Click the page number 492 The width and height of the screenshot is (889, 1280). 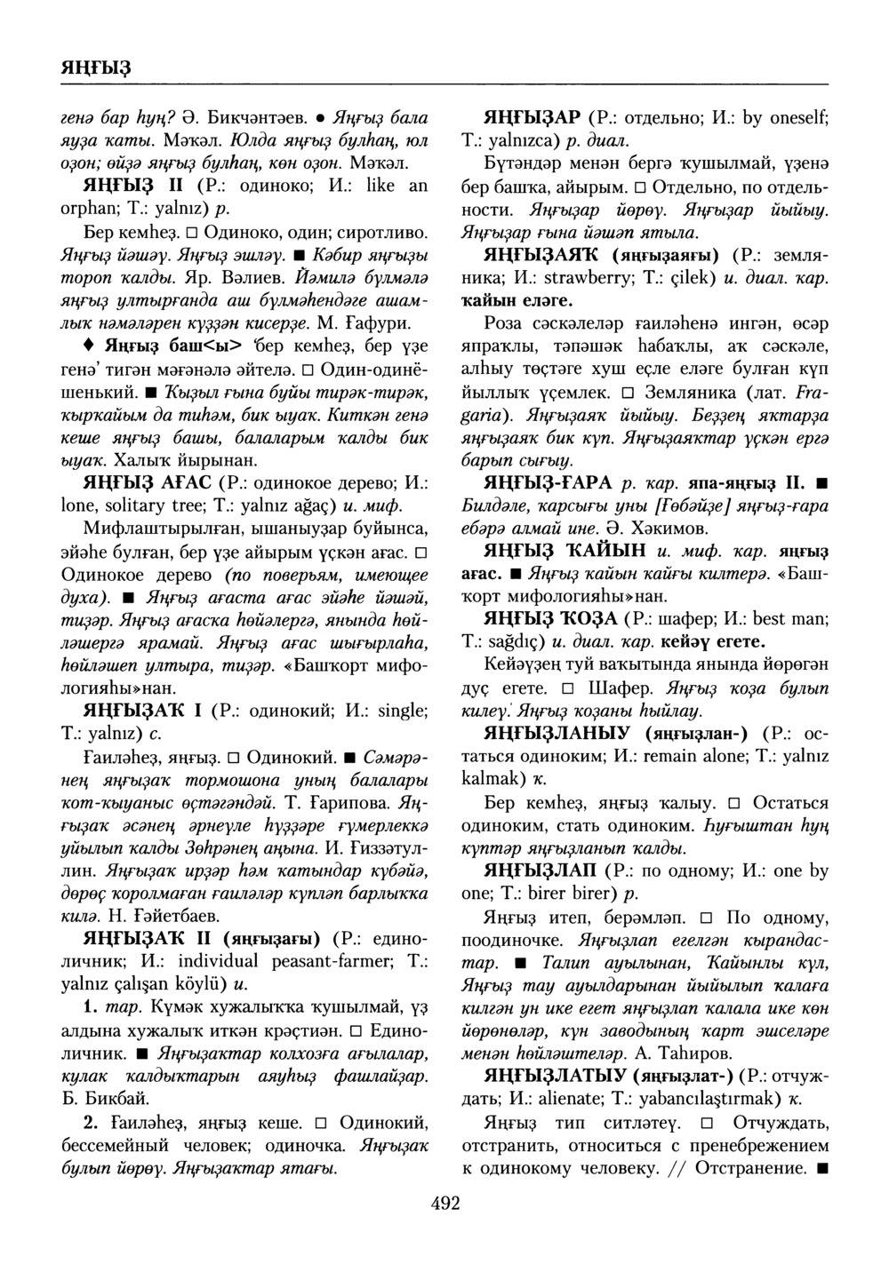pos(444,1204)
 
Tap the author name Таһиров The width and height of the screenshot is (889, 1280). pos(693,1053)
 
